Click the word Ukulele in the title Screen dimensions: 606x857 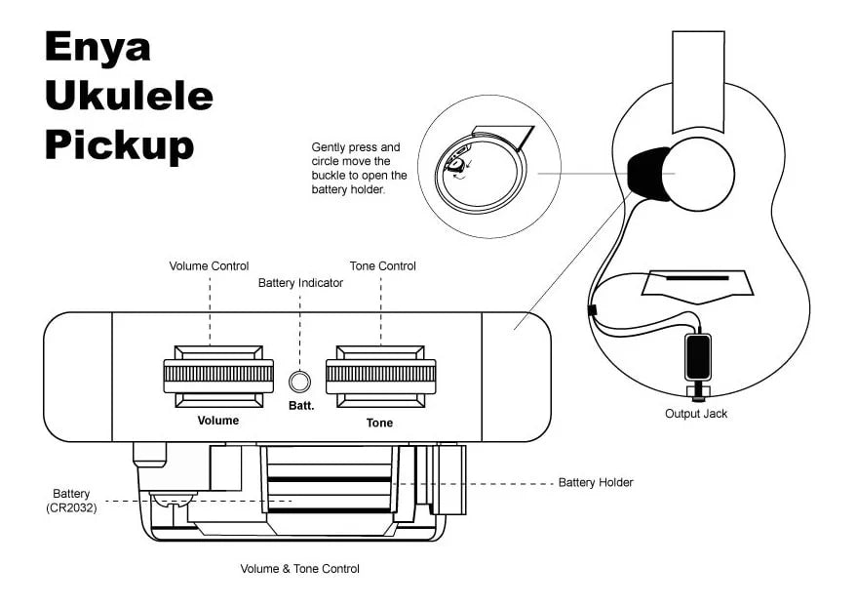point(128,96)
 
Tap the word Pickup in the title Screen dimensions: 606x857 point(119,144)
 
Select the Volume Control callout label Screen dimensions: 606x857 point(209,265)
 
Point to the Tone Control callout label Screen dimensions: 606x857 point(382,265)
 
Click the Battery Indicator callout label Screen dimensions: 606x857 point(300,283)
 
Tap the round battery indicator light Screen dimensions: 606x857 point(300,379)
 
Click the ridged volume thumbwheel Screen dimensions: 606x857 point(218,373)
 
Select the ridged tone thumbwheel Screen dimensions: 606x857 point(380,373)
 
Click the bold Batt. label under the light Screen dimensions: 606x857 point(300,405)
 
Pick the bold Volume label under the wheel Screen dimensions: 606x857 point(217,421)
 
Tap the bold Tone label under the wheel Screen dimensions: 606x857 point(379,423)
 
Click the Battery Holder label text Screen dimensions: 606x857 point(595,482)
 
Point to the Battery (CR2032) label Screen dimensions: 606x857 point(71,501)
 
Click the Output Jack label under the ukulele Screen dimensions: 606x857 point(695,414)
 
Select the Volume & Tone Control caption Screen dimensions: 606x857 point(299,568)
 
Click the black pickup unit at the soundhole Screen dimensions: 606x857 point(646,174)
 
